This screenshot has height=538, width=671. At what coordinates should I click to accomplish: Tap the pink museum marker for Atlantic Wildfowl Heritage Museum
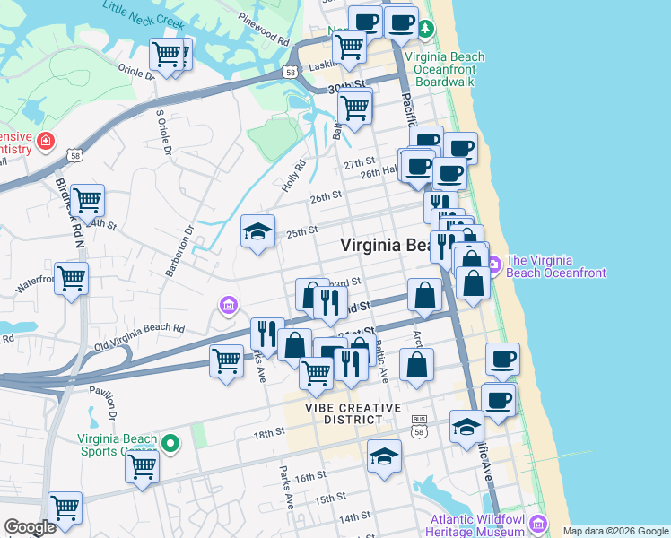coord(537,523)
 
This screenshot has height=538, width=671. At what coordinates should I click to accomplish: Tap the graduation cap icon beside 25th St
coord(257,232)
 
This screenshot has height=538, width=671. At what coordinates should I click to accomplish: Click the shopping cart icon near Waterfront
coord(71,278)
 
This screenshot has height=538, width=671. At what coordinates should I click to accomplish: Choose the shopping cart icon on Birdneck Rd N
coord(88,201)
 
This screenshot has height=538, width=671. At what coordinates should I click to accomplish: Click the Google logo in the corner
coord(30,527)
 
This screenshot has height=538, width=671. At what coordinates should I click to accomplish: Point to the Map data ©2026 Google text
coord(615,531)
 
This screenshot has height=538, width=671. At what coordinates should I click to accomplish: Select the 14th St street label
coord(354,516)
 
